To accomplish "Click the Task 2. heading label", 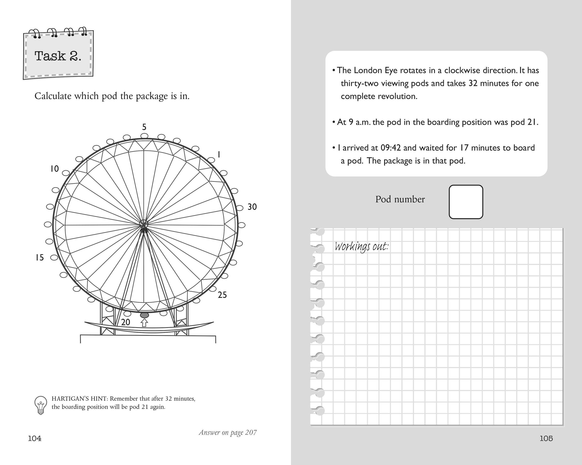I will [58, 56].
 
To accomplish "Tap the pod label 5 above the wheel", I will [145, 127].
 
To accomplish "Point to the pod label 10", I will [55, 169].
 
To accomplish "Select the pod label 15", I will [40, 258].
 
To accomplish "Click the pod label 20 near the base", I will [126, 322].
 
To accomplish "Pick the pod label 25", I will [222, 295].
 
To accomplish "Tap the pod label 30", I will [252, 207].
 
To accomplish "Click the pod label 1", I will [219, 155].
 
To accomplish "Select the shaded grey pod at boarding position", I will [145, 315].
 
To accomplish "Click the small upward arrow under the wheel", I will [145, 323].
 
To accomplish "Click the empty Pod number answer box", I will [466, 202].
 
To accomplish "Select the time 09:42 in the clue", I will [391, 148].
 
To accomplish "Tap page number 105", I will [546, 439].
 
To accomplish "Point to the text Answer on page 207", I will [227, 432].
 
